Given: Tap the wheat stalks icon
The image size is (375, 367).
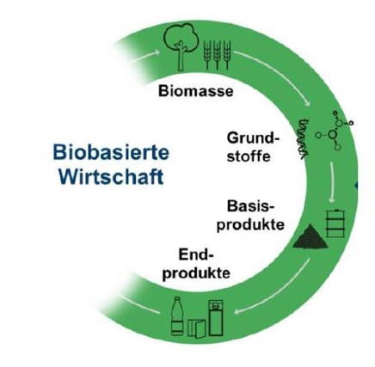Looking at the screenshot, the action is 217,55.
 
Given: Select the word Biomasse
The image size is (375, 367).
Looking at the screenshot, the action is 196,91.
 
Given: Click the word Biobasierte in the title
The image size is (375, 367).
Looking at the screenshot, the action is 111,152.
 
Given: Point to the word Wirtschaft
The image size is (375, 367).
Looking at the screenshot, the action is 112,176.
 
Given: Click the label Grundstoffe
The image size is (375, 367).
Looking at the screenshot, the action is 253,147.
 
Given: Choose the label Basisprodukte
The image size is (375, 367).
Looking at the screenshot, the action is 250,215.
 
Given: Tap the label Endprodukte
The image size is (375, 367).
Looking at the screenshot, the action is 196,264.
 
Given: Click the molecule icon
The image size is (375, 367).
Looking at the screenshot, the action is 335,131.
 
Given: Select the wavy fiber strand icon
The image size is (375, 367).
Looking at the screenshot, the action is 303,138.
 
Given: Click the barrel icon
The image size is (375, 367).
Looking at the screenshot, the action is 335,223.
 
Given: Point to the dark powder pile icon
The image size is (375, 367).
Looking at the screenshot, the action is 310,237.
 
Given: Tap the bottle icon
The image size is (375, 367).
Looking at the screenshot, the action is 177,316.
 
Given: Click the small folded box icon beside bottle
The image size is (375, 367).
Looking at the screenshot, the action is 197,328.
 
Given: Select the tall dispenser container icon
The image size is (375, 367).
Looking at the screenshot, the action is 216,318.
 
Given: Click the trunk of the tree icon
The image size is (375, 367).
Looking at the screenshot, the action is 181,57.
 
